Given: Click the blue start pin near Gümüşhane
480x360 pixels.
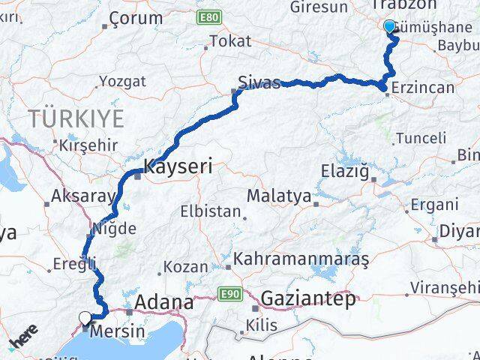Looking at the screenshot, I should click(389, 27).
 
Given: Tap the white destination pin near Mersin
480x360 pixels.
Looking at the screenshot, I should click(85, 319).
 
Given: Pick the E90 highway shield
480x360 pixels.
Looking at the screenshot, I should click(229, 294).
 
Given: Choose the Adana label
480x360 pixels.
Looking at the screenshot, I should click(163, 303).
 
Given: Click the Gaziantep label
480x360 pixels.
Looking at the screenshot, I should click(308, 299).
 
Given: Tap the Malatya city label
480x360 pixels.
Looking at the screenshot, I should click(278, 196).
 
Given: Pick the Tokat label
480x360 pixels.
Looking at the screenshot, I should click(230, 41).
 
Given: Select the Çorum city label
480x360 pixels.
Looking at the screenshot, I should click(136, 18).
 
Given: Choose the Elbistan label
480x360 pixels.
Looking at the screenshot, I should click(211, 211).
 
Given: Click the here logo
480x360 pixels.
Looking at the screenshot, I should click(25, 337).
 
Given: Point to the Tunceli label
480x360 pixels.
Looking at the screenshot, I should click(421, 138).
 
